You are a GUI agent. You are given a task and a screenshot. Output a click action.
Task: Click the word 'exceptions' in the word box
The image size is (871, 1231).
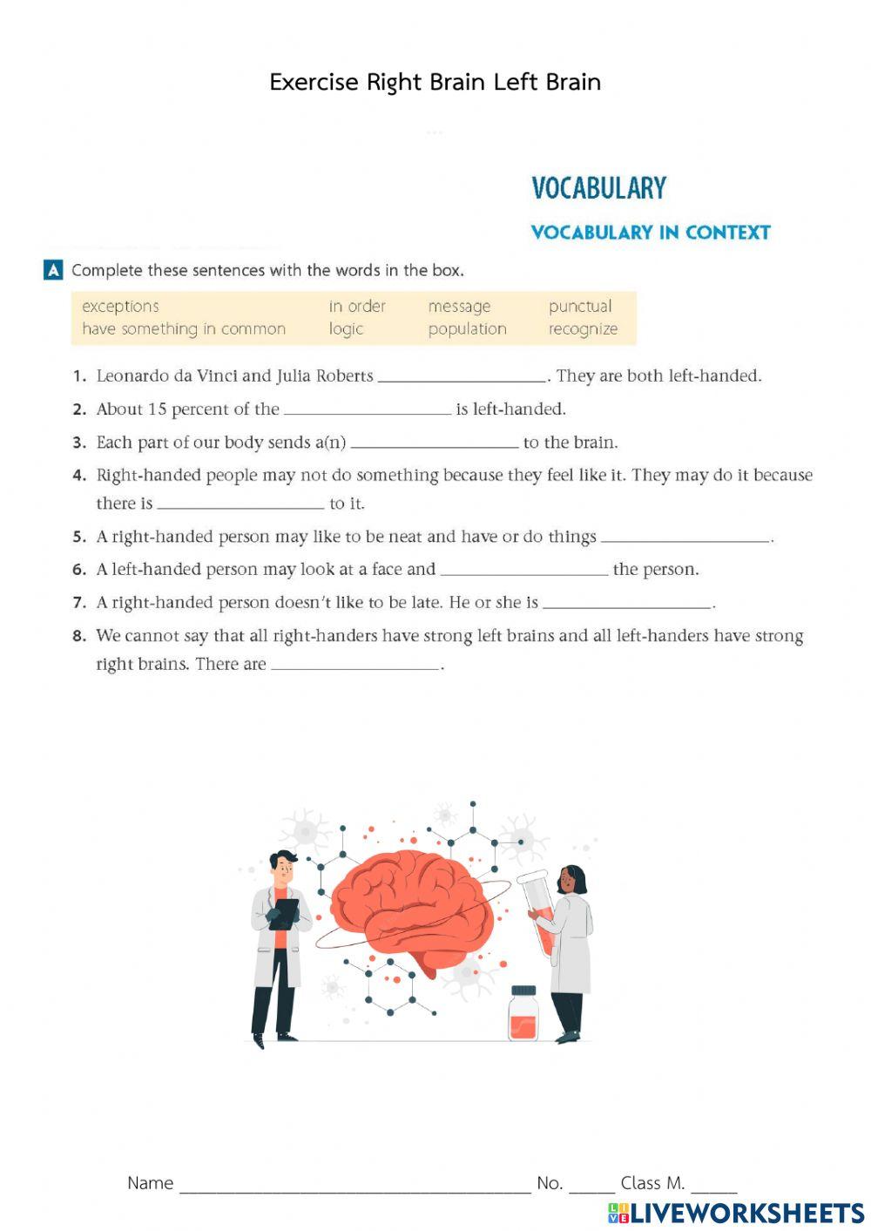[x=120, y=307]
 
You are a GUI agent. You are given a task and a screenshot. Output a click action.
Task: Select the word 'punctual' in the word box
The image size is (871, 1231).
[x=580, y=307]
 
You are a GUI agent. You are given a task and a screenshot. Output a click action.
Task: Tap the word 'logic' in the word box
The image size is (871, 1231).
[x=346, y=329]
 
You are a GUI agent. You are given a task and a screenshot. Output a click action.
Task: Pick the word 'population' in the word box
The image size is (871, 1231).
[x=467, y=329]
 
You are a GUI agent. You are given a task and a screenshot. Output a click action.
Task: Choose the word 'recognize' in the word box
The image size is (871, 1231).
[x=583, y=329]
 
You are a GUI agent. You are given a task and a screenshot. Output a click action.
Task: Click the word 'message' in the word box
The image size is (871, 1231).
[x=459, y=307]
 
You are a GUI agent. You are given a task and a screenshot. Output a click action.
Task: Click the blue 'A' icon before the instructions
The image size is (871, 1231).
[x=53, y=270]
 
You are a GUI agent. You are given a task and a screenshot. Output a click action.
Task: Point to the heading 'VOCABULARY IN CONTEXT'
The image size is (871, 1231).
[x=651, y=233]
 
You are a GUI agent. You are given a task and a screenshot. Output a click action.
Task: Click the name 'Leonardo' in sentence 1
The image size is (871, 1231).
[x=131, y=376]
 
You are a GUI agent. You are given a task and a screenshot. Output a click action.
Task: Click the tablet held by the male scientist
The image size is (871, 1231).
[x=284, y=912]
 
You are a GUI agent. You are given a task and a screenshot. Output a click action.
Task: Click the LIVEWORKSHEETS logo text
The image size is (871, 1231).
[x=746, y=1213]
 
